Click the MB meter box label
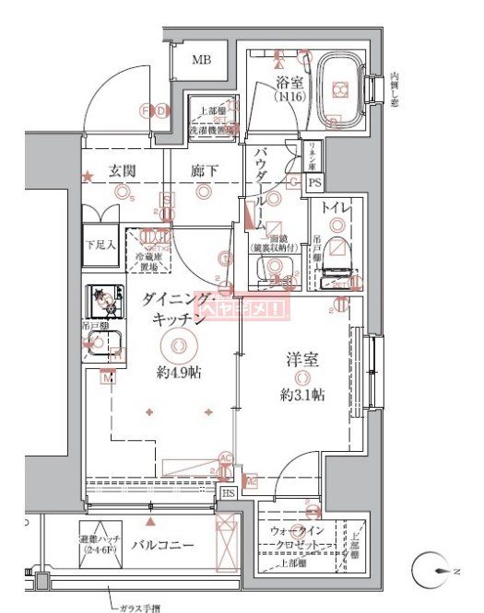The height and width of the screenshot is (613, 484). (201, 61)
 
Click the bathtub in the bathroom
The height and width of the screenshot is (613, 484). (339, 90)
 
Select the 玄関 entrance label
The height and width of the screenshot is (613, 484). (123, 170)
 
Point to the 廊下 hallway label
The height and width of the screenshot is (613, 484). (204, 170)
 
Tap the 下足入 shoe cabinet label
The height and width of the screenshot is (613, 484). (100, 245)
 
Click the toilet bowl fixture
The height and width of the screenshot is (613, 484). (337, 248)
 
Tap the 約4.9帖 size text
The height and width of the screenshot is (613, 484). (179, 373)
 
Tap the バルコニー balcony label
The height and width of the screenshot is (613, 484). (162, 545)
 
